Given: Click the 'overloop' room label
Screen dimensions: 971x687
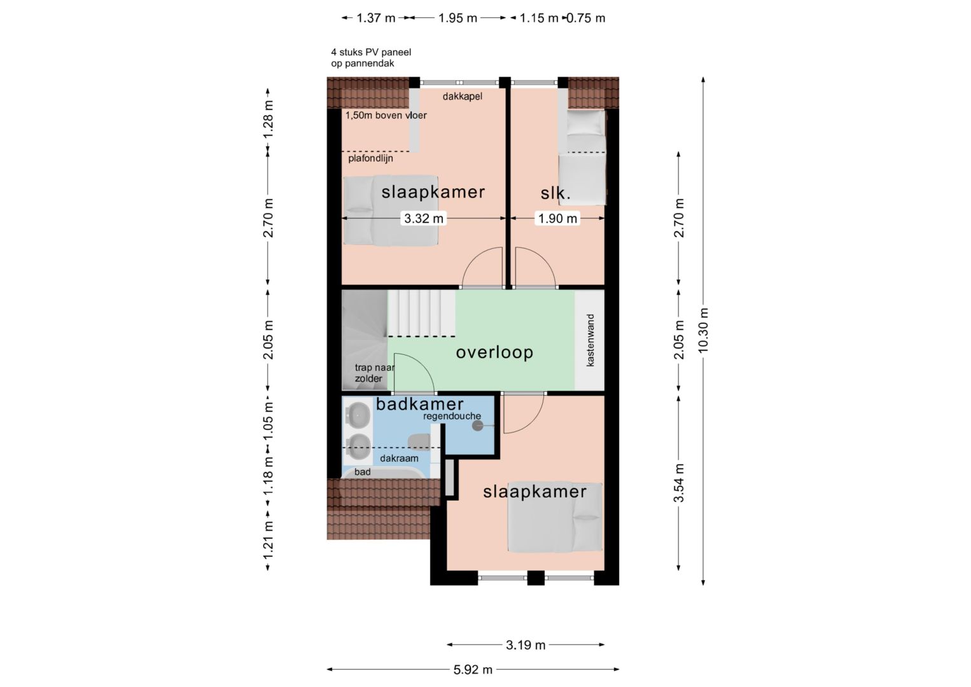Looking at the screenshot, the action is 494,352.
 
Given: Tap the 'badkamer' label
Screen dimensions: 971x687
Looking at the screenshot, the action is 419,404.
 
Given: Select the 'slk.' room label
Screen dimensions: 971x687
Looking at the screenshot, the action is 555,193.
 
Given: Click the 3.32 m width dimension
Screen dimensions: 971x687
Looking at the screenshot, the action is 424,218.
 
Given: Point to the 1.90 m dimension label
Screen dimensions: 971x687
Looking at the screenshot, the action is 557,218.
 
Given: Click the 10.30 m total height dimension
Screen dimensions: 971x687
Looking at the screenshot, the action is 703,330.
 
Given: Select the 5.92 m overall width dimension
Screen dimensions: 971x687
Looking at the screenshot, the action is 473,670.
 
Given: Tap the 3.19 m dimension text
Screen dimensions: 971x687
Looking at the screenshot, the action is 526,645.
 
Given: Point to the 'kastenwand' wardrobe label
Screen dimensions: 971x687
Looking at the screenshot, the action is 590,340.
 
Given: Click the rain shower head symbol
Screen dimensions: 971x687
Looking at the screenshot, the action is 477,426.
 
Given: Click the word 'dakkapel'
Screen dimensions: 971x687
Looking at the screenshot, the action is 463,96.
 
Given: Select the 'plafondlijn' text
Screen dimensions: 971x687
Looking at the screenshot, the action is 370,158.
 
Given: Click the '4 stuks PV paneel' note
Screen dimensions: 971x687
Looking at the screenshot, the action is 371,52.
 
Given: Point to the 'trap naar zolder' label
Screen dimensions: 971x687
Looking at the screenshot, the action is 375,373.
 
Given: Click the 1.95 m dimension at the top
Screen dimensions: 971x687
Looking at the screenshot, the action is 458,18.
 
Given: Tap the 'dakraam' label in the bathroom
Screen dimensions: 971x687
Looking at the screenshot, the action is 399,458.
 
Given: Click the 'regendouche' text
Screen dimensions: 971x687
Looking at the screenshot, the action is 452,416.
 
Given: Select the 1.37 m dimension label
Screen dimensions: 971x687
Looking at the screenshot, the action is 376,18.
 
